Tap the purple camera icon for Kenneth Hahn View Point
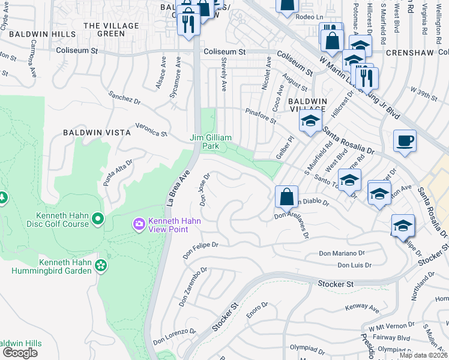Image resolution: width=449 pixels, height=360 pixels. [x=139, y=224]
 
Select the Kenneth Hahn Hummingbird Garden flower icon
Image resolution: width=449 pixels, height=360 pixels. [x=101, y=265]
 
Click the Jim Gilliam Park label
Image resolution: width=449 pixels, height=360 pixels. [x=211, y=142]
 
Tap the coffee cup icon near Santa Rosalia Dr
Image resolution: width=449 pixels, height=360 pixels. [x=405, y=142]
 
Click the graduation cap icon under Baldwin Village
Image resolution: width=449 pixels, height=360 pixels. [x=311, y=122]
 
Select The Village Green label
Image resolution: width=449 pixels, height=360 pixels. [x=112, y=29]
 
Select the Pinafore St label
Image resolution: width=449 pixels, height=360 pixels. [x=261, y=115]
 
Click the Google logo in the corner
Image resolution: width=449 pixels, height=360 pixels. [x=20, y=353]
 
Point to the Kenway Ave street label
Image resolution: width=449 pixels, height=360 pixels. [x=362, y=308]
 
